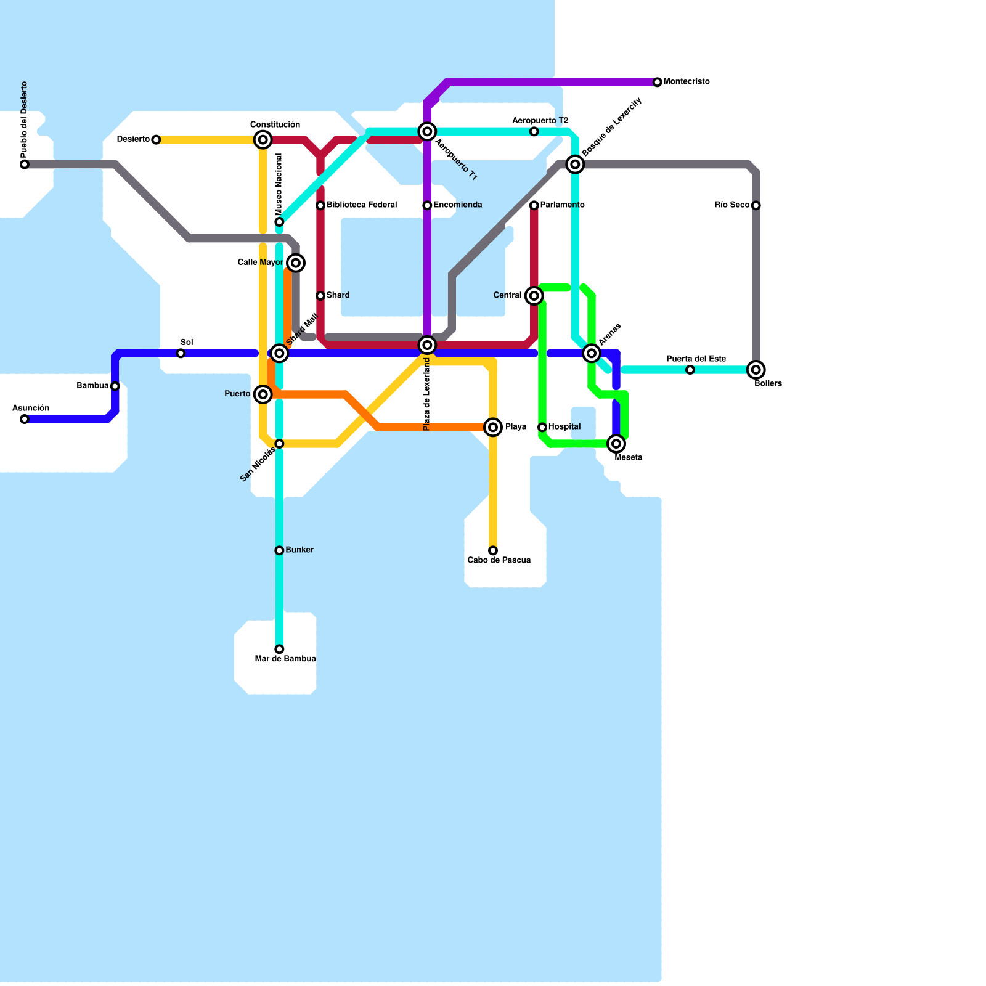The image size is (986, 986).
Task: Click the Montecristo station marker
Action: point(658,82)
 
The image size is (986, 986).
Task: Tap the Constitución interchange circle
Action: point(263,140)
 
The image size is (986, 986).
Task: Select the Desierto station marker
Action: point(156,140)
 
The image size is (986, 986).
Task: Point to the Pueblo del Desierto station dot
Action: point(25,165)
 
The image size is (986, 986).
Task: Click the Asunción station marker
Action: point(25,419)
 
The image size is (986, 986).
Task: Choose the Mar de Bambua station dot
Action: point(279,649)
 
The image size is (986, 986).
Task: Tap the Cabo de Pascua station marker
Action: point(493,550)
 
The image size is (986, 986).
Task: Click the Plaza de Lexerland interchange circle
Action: point(427,345)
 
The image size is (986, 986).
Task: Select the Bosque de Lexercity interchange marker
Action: point(575,165)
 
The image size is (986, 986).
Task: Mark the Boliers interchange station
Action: point(756,370)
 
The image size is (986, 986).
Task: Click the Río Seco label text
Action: point(731,205)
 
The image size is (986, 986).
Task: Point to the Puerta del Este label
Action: point(696,359)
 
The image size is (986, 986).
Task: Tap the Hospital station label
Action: point(564,427)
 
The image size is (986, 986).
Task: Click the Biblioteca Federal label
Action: point(362,205)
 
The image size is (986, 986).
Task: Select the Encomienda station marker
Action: point(427,205)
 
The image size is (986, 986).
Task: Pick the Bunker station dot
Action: point(279,550)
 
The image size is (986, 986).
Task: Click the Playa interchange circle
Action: point(493,427)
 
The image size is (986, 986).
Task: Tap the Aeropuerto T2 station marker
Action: point(534,131)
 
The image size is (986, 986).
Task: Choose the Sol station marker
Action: point(181,353)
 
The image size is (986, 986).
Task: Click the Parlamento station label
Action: point(563,205)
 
